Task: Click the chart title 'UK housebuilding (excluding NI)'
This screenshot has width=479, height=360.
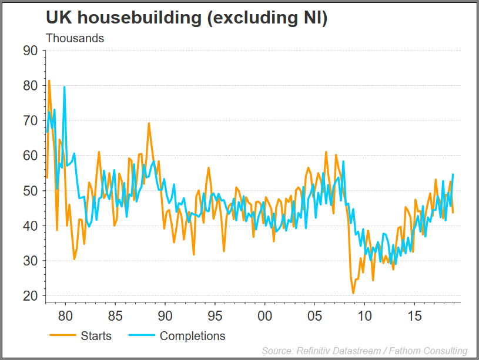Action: click(186, 18)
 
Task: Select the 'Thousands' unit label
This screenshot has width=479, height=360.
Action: click(75, 38)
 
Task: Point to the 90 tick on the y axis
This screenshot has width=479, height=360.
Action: click(30, 51)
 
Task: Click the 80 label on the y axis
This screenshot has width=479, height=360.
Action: click(30, 86)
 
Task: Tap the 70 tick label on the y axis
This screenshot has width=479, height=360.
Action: click(30, 120)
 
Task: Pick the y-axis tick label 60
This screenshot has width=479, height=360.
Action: click(30, 156)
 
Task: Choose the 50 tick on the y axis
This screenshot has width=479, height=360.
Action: click(30, 191)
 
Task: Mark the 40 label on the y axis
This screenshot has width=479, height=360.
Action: click(30, 226)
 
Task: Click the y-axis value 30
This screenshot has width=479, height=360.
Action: click(30, 261)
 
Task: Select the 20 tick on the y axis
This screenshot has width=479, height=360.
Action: click(30, 296)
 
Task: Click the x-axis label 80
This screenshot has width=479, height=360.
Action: click(65, 315)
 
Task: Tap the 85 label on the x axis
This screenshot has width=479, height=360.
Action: click(115, 315)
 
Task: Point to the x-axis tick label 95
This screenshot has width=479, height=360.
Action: click(215, 315)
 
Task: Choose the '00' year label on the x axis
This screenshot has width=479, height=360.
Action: click(265, 315)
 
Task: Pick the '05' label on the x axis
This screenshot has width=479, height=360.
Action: click(314, 315)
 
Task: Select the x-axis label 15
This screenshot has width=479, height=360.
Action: click(414, 315)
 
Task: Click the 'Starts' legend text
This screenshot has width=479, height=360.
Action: click(96, 337)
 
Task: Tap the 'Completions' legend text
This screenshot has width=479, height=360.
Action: click(192, 337)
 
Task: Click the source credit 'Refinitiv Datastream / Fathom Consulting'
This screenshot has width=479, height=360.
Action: click(364, 351)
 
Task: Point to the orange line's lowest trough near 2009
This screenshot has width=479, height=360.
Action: click(353, 293)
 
